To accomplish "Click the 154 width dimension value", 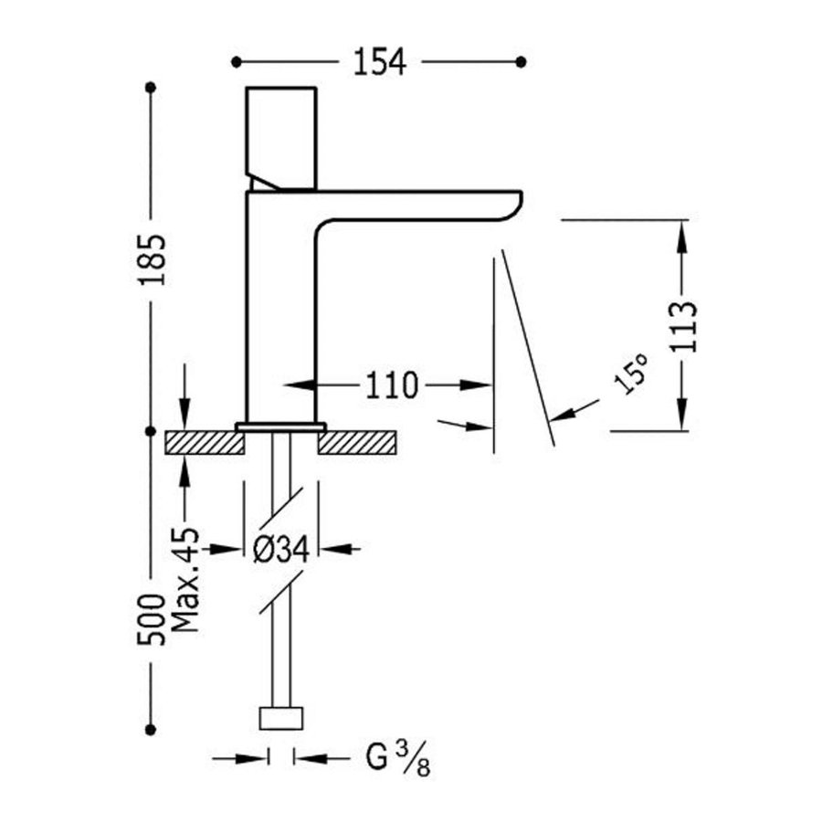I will click(x=379, y=62).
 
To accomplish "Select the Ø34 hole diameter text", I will click(x=280, y=549).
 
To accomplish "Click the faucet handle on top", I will click(x=281, y=137).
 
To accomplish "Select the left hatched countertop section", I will click(x=205, y=443).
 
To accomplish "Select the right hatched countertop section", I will click(x=357, y=443).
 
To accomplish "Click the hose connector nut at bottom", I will click(x=280, y=718).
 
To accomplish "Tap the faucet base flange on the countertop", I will click(x=280, y=427).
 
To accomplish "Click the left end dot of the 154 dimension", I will click(x=236, y=62).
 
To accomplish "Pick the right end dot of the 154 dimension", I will click(x=522, y=62).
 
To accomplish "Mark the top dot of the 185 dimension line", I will click(x=152, y=88).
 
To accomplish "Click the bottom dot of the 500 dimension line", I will click(x=152, y=728).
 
